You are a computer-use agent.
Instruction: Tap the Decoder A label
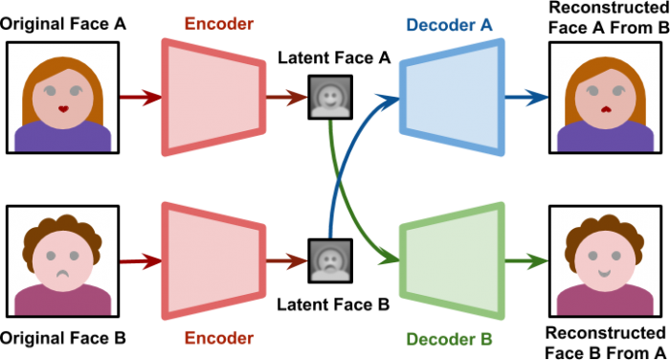(449, 24)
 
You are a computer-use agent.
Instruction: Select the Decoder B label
(449, 339)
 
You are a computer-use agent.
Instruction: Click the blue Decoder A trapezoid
(451, 97)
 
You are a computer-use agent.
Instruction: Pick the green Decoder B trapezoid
(451, 259)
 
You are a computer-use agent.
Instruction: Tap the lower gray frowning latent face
(329, 260)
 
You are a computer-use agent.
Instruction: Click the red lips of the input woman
(63, 108)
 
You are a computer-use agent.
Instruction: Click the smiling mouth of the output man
(606, 273)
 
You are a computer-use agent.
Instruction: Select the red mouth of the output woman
(606, 108)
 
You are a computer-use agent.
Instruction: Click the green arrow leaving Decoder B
(527, 260)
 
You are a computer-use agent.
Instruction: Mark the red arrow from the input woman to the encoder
(140, 97)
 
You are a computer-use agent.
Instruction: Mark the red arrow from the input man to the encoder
(140, 260)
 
